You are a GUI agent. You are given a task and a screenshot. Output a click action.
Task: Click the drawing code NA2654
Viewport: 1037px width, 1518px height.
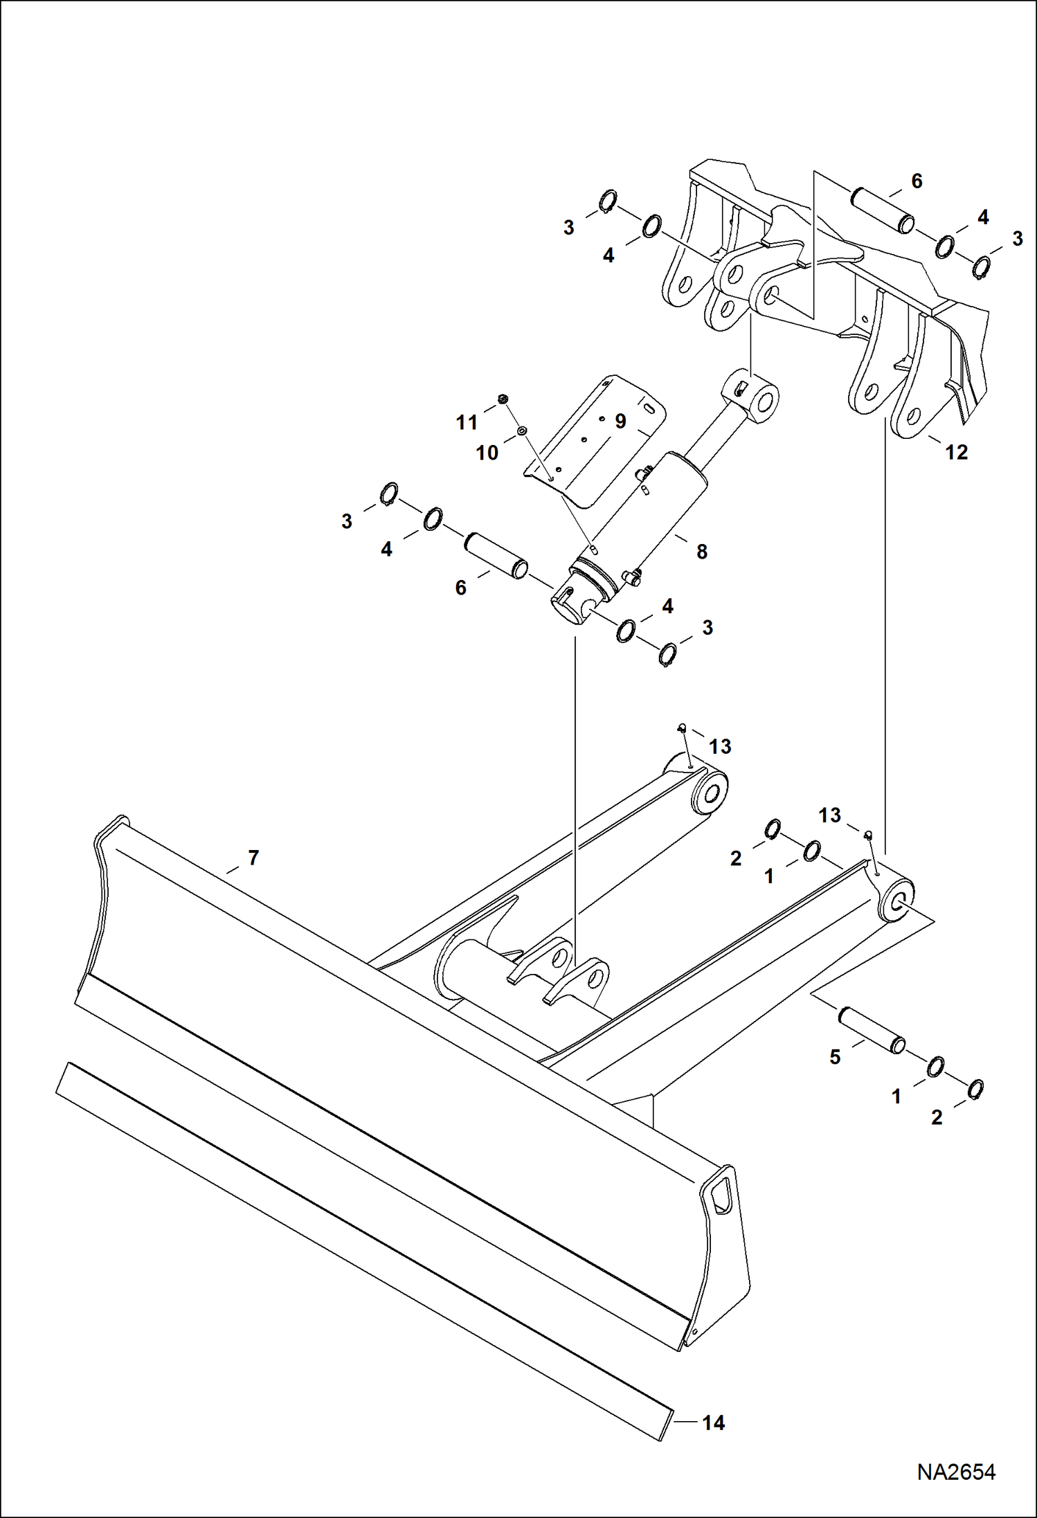coord(956,1472)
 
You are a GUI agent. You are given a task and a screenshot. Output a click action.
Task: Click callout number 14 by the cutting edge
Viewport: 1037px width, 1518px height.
coord(713,1422)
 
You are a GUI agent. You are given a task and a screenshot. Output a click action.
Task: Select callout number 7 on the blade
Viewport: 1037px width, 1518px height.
coord(253,858)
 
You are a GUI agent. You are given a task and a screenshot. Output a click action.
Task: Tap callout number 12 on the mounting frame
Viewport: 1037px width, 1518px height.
coord(956,452)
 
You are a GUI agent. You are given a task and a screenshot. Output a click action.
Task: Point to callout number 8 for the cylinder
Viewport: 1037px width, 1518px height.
coord(701,552)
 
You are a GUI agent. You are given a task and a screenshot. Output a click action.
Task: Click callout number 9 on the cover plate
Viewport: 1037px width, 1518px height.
coord(620,421)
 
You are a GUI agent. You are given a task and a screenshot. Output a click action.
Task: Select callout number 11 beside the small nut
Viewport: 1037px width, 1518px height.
coord(467,422)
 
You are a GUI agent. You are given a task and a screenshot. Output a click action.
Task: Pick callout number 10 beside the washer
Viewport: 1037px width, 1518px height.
coord(487,453)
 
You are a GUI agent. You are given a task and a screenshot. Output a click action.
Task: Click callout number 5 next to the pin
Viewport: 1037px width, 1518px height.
coord(835,1057)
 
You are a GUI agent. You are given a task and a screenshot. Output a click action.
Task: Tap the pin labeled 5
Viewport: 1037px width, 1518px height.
coord(872,1031)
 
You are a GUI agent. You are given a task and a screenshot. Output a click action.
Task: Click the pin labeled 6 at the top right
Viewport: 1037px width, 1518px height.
coord(882,210)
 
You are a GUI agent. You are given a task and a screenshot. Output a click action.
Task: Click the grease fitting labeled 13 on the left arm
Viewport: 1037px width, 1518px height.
coord(681,728)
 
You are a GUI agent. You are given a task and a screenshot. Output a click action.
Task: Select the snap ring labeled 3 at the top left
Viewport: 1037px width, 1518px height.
coord(606,201)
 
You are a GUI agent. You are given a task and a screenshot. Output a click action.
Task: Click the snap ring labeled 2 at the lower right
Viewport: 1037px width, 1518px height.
coord(975,1089)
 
